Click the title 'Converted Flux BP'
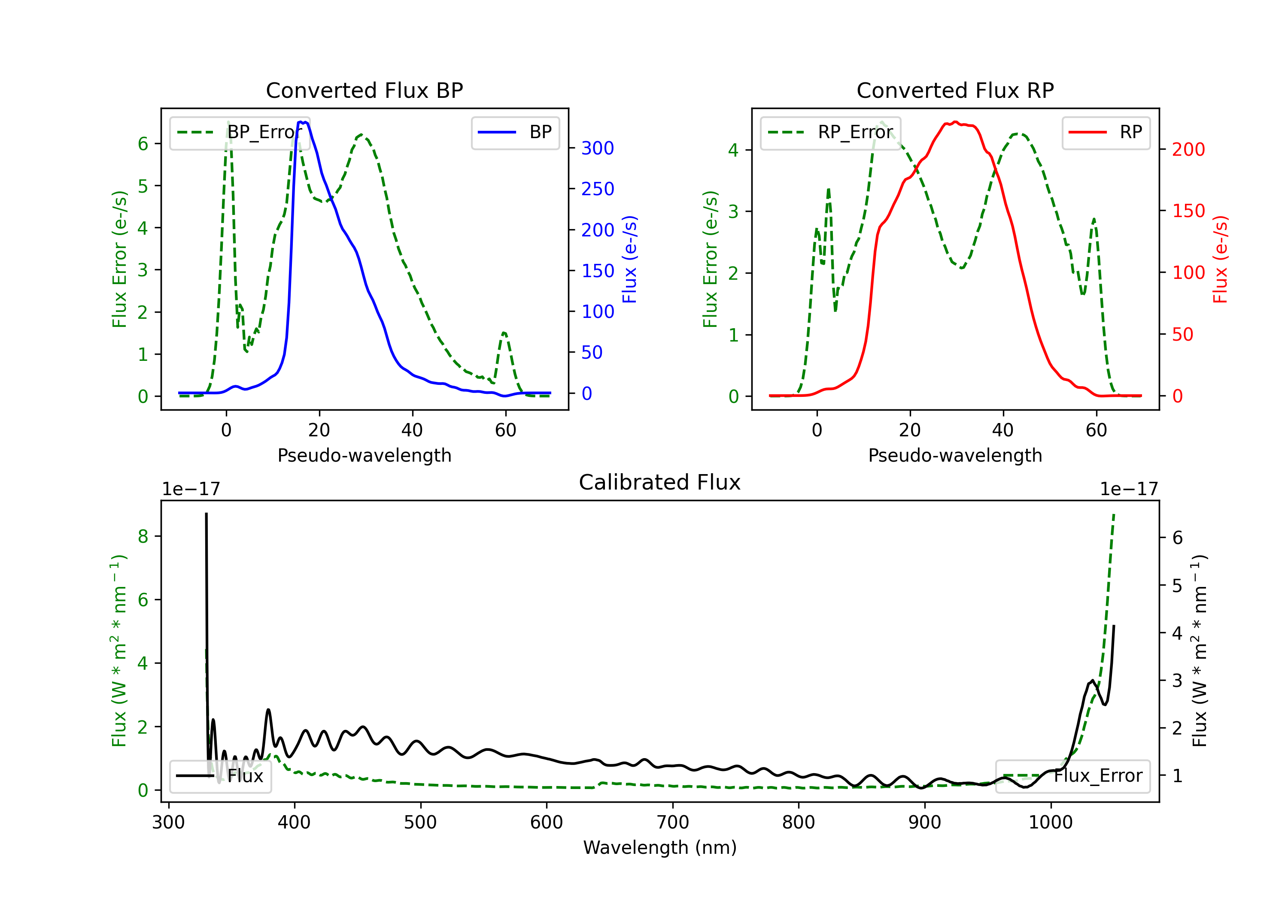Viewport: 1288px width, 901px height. click(364, 90)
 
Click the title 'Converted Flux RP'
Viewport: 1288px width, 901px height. click(955, 90)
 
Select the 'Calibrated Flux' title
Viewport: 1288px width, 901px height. click(660, 482)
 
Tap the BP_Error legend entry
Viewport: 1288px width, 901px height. click(240, 132)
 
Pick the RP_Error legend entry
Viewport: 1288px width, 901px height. click(830, 132)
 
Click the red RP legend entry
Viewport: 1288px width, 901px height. click(1106, 132)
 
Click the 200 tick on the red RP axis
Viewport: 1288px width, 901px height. click(1188, 149)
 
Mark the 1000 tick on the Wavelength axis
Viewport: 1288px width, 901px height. click(1051, 822)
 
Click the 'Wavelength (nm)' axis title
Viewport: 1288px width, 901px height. click(660, 847)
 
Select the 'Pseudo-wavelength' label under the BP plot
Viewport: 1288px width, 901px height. click(365, 455)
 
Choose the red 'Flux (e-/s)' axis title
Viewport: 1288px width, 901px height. click(1221, 260)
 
